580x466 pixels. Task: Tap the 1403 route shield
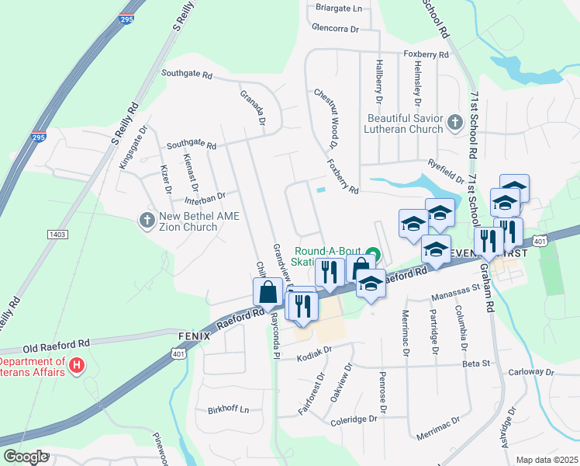pos(57,233)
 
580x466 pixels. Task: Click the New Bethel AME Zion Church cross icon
pos(147,220)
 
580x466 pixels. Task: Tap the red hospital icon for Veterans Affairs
pos(77,365)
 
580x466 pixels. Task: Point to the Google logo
pos(25,457)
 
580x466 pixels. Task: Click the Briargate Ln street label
pos(340,9)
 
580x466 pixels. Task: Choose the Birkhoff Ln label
pos(229,409)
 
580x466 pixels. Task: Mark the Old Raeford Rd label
pos(57,342)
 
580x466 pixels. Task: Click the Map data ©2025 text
pos(546,460)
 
